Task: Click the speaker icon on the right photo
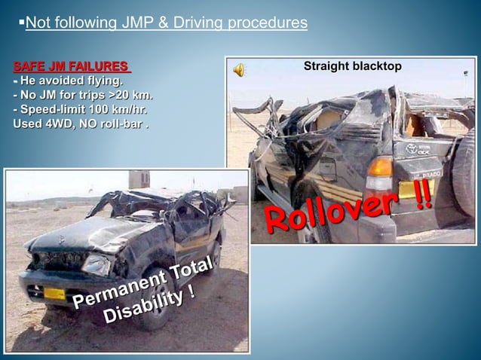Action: click(x=239, y=70)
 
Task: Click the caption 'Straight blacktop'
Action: click(x=352, y=67)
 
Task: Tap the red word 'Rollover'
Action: click(x=331, y=209)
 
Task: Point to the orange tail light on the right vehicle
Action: click(x=379, y=166)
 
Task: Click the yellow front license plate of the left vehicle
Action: click(x=55, y=293)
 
